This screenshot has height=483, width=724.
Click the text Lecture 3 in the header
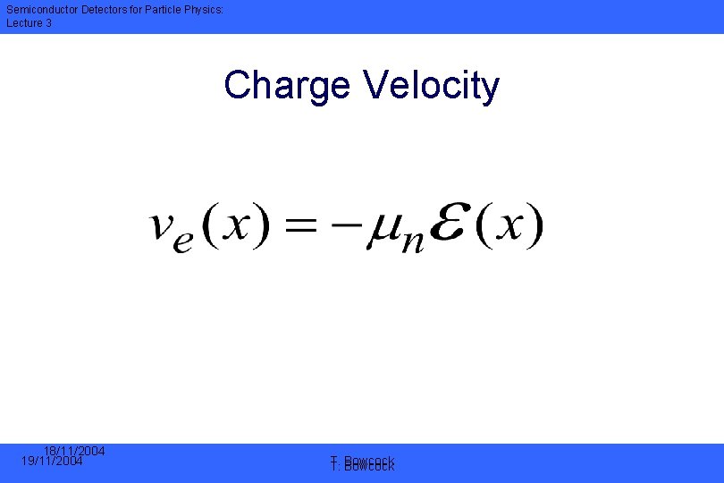pyautogui.click(x=29, y=22)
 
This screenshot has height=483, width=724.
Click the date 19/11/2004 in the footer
pyautogui.click(x=52, y=462)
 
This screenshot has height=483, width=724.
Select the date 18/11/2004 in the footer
pyautogui.click(x=75, y=451)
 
